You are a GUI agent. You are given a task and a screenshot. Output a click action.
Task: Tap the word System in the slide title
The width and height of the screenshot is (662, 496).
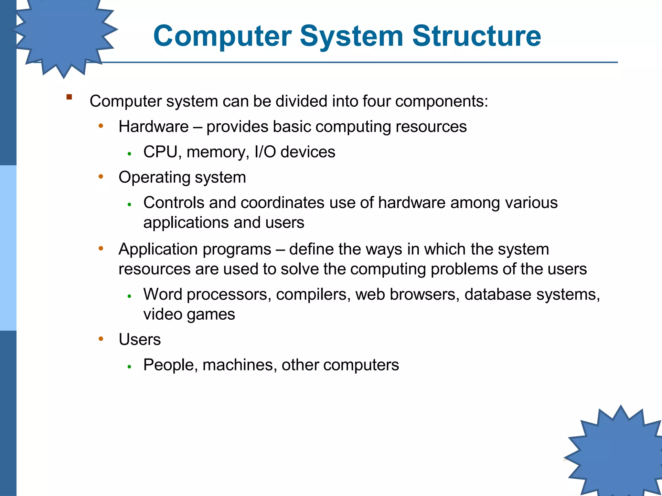[351, 36]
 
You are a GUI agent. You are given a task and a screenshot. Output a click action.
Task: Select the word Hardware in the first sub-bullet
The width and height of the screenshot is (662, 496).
[154, 127]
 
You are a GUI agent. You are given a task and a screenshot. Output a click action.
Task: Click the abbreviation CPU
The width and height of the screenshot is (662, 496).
[160, 152]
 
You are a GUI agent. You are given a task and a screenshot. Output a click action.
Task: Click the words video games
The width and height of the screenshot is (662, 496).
[189, 315]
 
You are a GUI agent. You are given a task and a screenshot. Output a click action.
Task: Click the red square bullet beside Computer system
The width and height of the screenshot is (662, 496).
[69, 97]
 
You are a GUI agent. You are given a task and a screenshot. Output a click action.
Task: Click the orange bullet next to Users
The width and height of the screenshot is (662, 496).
[101, 339]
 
